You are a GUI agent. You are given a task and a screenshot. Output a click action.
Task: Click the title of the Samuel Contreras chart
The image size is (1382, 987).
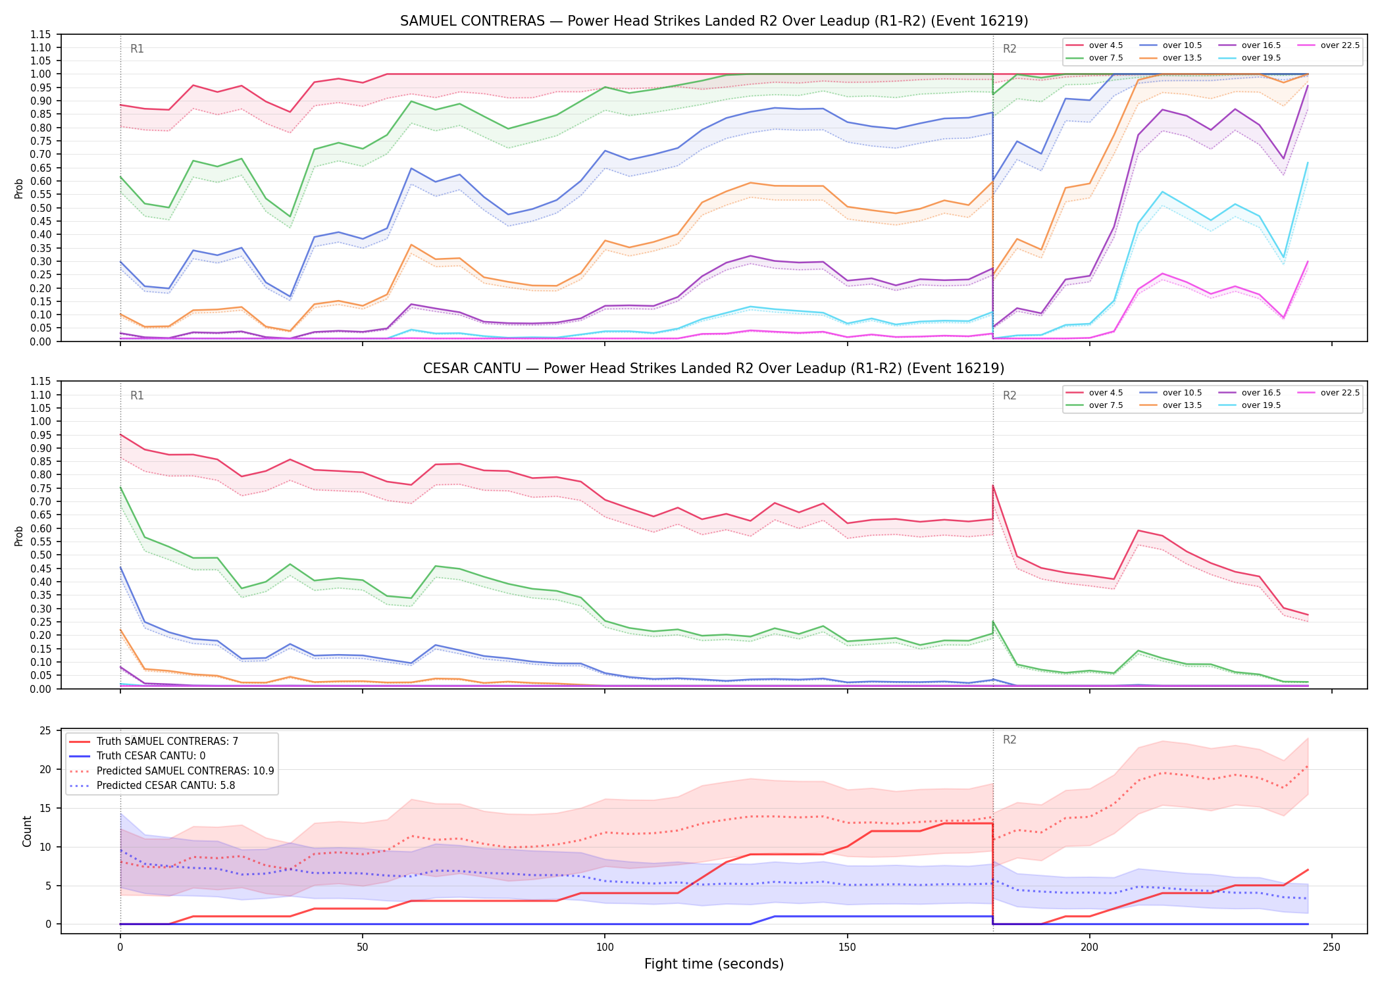coord(714,21)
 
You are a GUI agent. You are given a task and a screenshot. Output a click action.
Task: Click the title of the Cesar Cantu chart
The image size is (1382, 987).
coord(714,368)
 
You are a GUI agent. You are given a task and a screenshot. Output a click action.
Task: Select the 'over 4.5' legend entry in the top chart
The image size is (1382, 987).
coord(1094,45)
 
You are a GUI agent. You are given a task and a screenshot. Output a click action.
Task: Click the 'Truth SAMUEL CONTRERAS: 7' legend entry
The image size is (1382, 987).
coord(153,742)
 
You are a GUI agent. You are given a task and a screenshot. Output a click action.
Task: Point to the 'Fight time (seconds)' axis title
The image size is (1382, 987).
coord(714,964)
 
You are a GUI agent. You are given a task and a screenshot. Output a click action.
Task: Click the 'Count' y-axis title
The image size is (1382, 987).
coord(27,831)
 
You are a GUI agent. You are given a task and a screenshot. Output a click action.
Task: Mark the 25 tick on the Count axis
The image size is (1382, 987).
coord(46,731)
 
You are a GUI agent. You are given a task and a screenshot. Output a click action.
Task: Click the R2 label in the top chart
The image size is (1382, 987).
coord(1010,49)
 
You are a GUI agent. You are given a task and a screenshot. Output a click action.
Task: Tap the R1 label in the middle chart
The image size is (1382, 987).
coord(137,395)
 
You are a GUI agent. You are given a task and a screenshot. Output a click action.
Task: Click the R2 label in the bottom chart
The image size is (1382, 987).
coord(1010,740)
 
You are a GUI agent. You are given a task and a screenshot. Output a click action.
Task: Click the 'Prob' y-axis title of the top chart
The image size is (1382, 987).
coord(19,188)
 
